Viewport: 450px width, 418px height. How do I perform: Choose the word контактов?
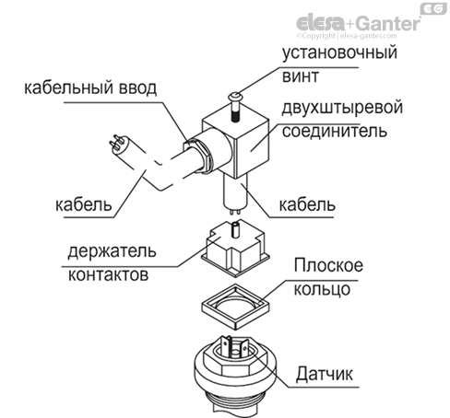104,273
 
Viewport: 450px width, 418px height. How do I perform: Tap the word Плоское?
327,266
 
